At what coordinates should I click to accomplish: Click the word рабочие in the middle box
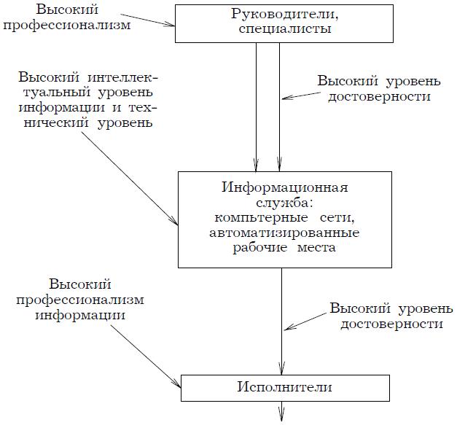click(x=257, y=249)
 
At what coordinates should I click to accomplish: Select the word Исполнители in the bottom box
click(x=283, y=386)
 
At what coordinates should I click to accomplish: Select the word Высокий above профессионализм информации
click(x=75, y=284)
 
